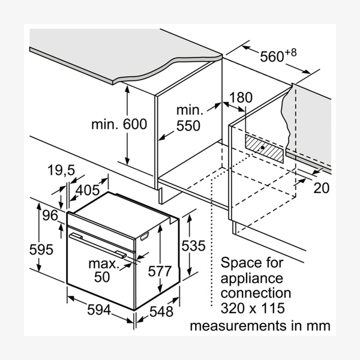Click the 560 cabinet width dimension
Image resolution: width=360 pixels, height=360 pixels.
[x=271, y=57]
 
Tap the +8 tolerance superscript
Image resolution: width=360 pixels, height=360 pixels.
[x=291, y=52]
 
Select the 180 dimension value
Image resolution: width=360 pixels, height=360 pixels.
[x=241, y=97]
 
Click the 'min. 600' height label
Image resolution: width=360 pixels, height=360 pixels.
[x=119, y=124]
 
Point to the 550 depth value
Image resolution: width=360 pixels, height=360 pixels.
[x=188, y=126]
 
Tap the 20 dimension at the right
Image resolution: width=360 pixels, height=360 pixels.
[x=322, y=188]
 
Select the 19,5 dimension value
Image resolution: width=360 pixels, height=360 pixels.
[x=61, y=171]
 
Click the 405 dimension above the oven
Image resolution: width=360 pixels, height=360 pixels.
[x=88, y=191]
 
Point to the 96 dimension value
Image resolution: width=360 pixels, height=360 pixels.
[x=49, y=214]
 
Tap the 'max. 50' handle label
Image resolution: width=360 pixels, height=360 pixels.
[x=102, y=269]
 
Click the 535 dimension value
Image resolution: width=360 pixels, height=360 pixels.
[x=194, y=245]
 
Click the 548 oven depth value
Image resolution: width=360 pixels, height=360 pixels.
[x=161, y=312]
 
